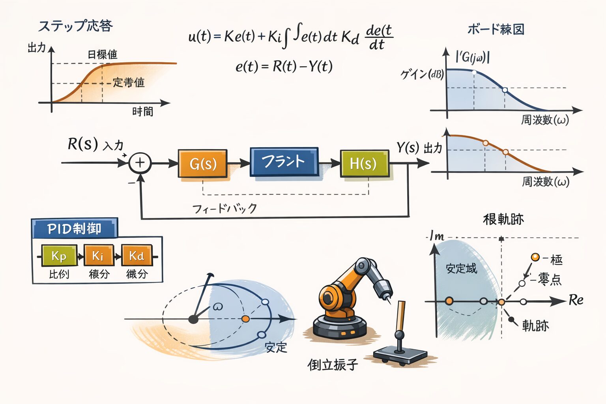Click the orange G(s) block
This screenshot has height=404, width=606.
203,163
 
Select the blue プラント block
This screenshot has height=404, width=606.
284,161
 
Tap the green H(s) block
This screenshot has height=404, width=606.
364,163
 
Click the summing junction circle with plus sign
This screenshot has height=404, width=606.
140,163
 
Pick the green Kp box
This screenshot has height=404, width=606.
58,256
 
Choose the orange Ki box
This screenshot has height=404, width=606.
98,256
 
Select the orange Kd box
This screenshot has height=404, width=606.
137,256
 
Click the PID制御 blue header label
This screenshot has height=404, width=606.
74,228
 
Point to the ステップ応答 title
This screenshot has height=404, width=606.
75,26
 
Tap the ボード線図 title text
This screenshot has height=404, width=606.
496,29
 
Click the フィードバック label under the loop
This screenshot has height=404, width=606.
224,208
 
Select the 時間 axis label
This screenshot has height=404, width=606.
142,112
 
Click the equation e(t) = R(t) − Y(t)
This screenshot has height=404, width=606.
284,66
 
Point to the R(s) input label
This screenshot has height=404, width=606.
82,144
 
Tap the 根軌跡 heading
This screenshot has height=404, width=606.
503,219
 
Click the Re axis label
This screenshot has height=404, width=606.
576,300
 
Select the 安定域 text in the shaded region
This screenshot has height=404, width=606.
461,269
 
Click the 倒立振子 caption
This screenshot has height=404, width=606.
333,364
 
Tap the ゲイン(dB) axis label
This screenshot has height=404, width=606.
422,74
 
